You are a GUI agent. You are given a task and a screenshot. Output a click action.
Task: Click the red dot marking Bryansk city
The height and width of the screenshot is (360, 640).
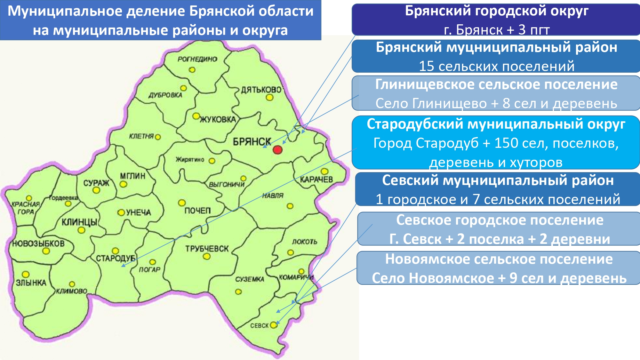[x=277, y=149]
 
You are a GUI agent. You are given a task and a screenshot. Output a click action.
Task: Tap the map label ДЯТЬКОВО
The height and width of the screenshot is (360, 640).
[x=261, y=90]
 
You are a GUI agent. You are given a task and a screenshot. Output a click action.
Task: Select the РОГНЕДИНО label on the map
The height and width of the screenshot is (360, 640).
[x=197, y=59]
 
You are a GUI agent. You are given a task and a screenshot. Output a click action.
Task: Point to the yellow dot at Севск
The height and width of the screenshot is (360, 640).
[x=273, y=325]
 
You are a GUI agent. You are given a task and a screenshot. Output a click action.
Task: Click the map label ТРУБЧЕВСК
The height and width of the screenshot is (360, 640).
[x=207, y=248]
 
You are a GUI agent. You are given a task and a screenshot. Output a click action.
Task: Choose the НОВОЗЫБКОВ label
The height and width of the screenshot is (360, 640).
[x=38, y=244]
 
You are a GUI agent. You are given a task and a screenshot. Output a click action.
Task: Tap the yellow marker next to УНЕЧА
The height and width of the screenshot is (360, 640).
[x=121, y=212]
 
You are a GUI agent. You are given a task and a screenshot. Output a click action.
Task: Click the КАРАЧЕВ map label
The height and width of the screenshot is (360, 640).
[x=316, y=180]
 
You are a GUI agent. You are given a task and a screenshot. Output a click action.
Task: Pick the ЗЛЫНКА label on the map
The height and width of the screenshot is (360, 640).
[x=31, y=283]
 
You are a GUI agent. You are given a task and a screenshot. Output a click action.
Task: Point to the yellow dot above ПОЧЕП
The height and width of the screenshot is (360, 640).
[x=182, y=203]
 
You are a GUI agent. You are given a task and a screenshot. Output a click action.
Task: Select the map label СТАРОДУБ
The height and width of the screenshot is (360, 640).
[x=116, y=258]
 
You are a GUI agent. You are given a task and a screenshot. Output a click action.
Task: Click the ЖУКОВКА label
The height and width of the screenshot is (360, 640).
[x=218, y=120]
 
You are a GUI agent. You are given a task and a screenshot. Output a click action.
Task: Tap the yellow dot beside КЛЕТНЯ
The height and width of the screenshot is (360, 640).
[x=158, y=137]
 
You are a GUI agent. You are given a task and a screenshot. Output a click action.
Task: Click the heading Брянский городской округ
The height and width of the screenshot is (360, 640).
[x=497, y=11]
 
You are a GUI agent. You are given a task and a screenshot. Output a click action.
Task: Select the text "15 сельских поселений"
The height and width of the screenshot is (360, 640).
[x=497, y=66]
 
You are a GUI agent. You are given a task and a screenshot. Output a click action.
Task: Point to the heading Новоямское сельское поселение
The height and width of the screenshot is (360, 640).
[x=499, y=259]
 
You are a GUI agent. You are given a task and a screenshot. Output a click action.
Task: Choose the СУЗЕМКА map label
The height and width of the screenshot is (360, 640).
[x=250, y=279]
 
